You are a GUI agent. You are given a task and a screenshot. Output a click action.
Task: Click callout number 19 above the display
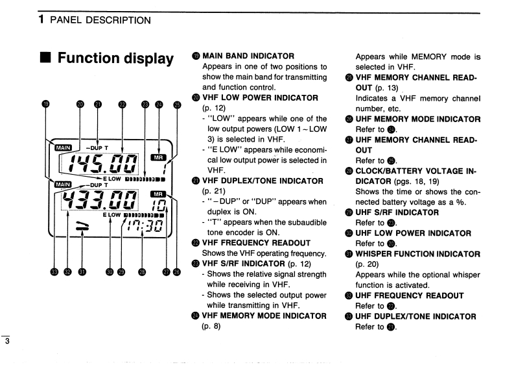[45, 104]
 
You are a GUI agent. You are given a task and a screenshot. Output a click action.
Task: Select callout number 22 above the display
[121, 104]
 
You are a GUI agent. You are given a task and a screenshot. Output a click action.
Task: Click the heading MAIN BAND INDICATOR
[248, 56]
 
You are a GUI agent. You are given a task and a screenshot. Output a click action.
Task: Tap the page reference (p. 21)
[215, 192]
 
